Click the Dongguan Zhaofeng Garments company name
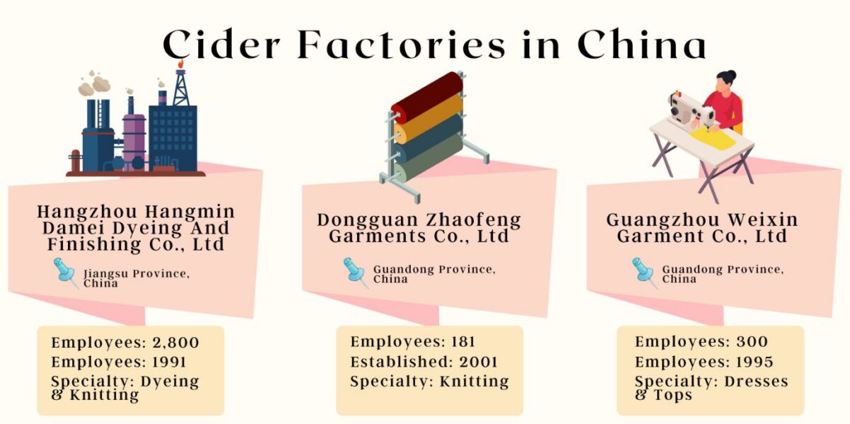(x=419, y=228)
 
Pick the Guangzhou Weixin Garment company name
(x=702, y=228)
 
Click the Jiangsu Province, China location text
(x=136, y=278)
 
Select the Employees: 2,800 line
(x=125, y=343)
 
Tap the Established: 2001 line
(x=424, y=362)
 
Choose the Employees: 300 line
(x=701, y=342)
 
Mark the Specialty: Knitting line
(x=429, y=382)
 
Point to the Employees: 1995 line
(x=701, y=362)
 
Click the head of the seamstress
(x=725, y=79)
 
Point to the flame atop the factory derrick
(x=180, y=64)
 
